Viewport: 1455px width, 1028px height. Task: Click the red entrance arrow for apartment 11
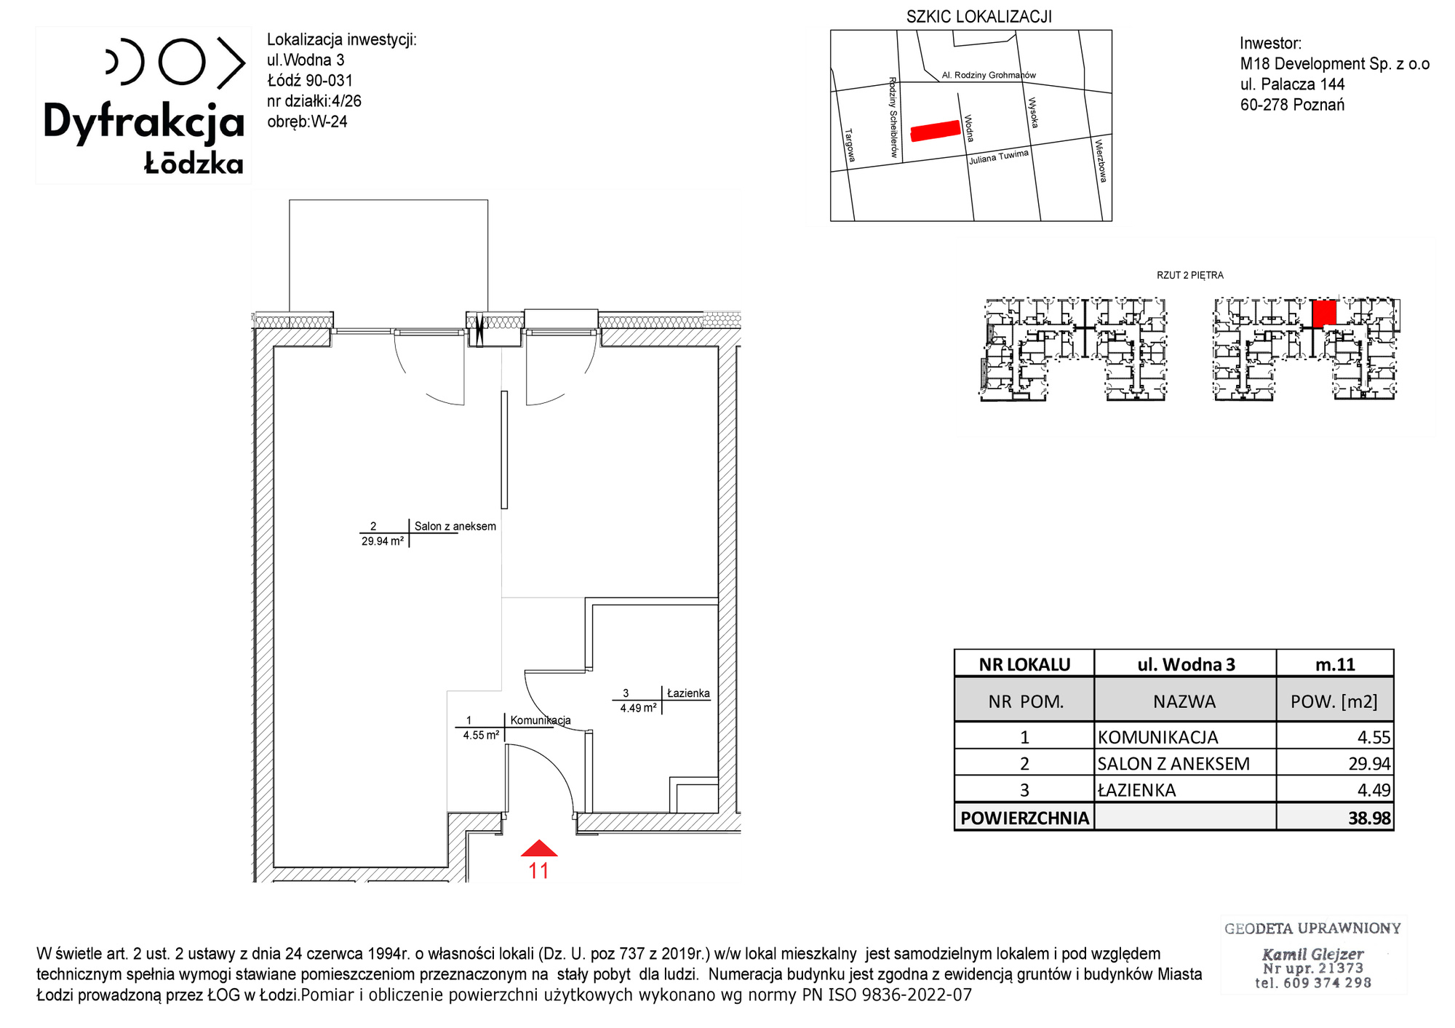539,848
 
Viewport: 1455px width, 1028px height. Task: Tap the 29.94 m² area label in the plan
383,541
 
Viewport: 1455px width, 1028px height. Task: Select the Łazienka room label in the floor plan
688,693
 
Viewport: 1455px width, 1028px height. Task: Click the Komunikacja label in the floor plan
541,720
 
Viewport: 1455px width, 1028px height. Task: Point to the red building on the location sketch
936,130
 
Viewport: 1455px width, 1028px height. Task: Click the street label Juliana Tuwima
999,157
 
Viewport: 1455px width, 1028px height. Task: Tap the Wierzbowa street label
1101,161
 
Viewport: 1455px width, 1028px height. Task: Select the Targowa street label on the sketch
850,146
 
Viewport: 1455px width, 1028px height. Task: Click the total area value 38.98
1369,818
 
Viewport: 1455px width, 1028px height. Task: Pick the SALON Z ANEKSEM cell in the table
1173,764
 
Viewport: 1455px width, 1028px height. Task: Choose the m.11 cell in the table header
1335,664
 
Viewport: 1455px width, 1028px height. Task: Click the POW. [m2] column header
1334,702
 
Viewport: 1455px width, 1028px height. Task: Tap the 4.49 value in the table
1374,790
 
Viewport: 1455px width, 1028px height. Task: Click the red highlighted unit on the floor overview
1325,313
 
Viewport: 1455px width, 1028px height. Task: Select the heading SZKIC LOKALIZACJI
978,17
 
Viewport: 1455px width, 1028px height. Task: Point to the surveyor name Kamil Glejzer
1312,954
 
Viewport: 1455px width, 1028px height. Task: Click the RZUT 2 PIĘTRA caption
1190,275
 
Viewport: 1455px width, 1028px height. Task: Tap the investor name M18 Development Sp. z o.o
1335,64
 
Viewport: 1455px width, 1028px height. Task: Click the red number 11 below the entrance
538,870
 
